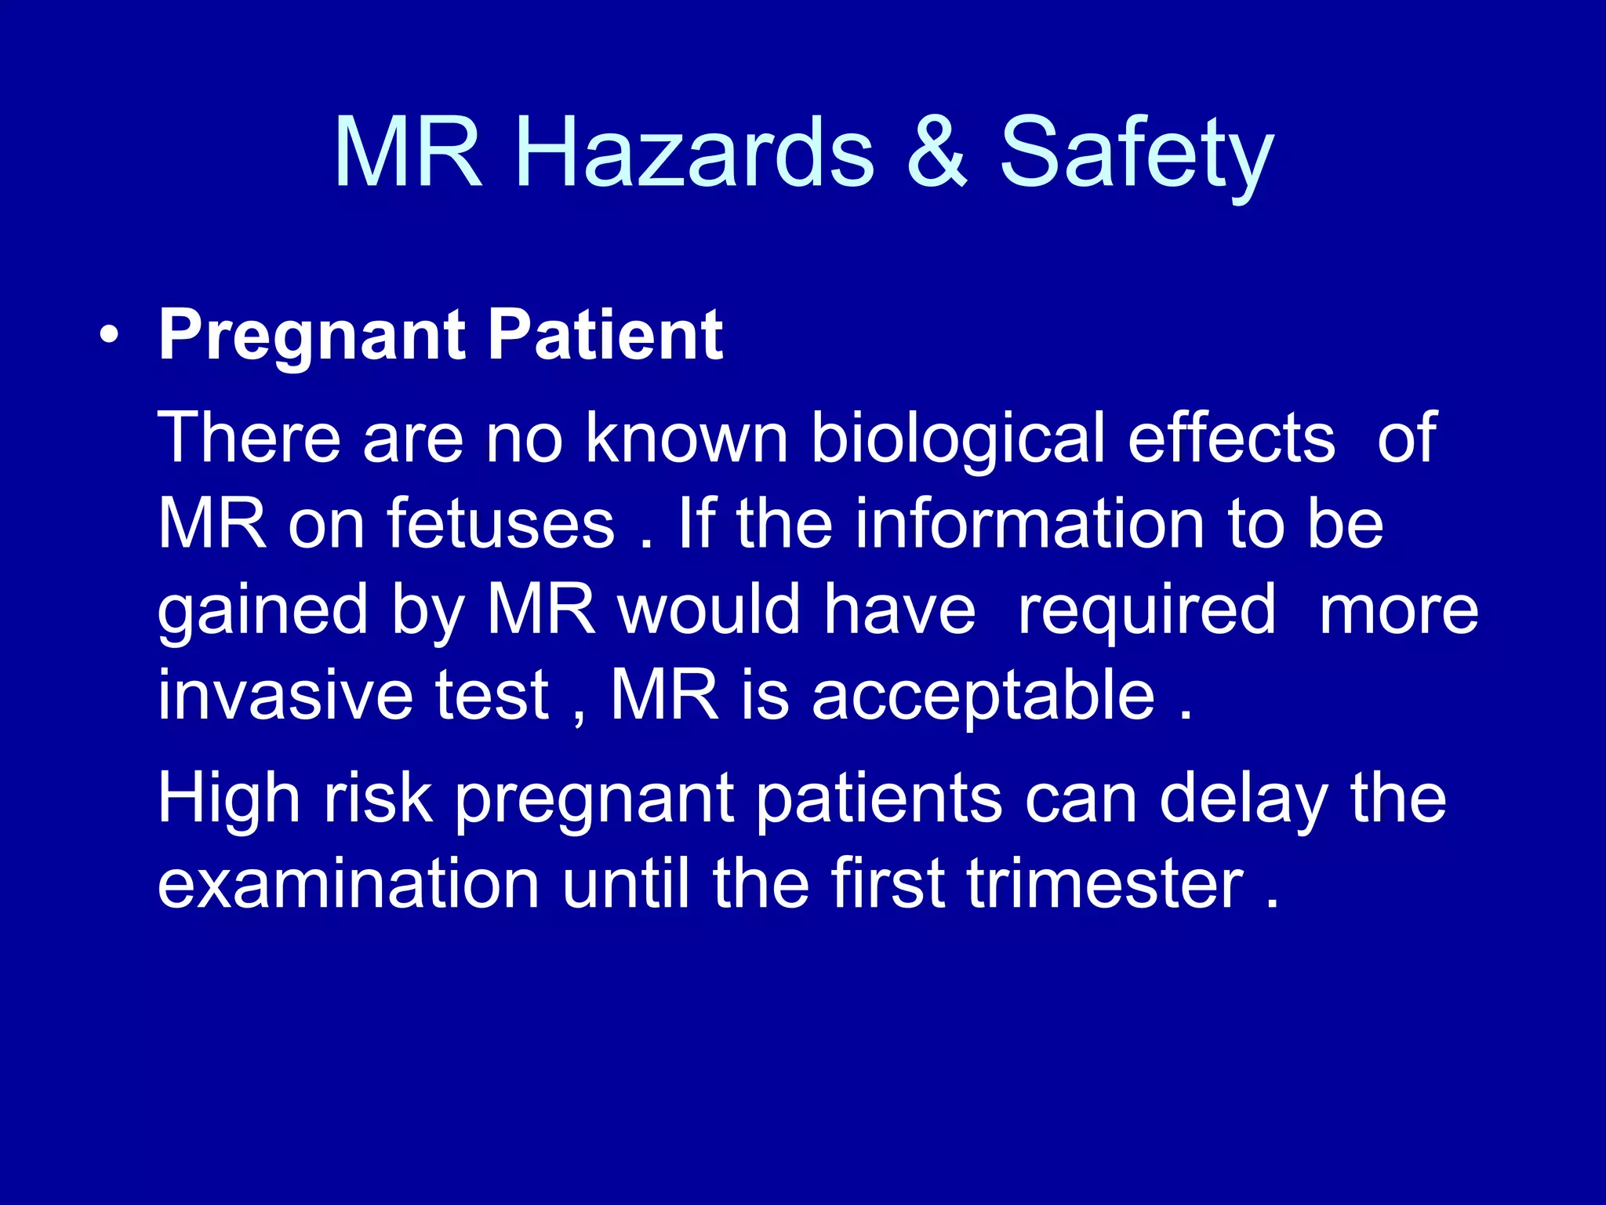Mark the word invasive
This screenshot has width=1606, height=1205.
click(285, 695)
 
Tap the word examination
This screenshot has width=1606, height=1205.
click(348, 884)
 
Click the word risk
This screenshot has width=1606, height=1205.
click(378, 799)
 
